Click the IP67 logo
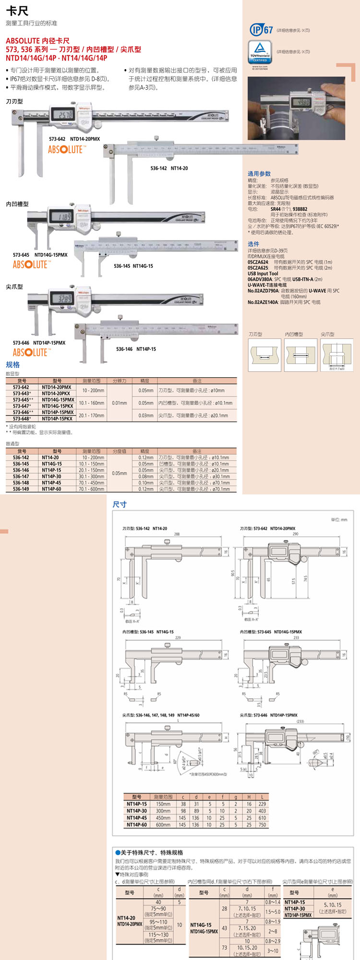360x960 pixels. pos(261,30)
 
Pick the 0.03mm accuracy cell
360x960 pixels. pos(146,415)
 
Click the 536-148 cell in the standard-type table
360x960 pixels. pos(21,483)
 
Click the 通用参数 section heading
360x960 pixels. pos(259,174)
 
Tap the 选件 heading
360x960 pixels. pos(253,244)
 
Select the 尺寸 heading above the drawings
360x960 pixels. pos(120,504)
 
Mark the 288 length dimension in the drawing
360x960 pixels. pos(177,534)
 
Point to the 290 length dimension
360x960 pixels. pos(295,534)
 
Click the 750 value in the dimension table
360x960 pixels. pos(262,825)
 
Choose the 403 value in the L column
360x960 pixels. pos(262,811)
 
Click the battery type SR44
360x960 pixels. pos(276,209)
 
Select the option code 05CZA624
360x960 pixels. pos(258,262)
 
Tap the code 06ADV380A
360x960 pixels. pos(259,279)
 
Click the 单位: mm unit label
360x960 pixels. pos(339,520)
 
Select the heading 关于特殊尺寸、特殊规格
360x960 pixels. pos(152,852)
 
